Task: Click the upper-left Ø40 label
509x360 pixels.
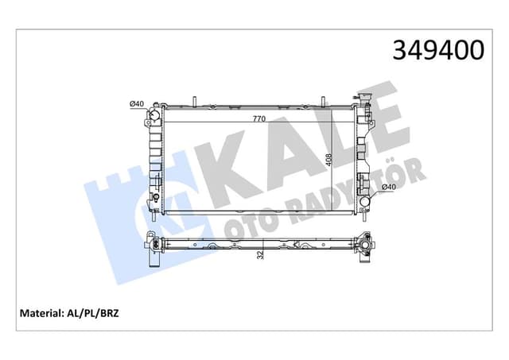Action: [136, 103]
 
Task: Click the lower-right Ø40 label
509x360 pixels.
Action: [388, 187]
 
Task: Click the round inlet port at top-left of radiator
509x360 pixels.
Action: [153, 121]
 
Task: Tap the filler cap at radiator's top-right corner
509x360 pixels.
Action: [364, 103]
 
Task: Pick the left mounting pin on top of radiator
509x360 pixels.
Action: [193, 103]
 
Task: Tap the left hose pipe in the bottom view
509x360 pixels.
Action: [153, 257]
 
